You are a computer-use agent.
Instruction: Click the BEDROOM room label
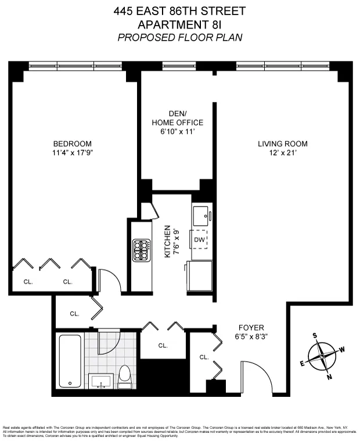[73, 144]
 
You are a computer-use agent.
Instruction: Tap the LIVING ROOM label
[283, 144]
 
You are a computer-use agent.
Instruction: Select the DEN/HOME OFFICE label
[177, 118]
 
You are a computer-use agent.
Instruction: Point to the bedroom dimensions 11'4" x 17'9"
[73, 154]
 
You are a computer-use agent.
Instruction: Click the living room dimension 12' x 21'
[283, 154]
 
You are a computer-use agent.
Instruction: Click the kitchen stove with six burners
[142, 250]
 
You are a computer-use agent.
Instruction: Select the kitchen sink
[201, 215]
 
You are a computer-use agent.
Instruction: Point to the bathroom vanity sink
[103, 381]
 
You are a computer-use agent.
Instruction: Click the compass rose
[322, 356]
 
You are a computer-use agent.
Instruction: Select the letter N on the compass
[329, 377]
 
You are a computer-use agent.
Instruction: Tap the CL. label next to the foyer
[204, 357]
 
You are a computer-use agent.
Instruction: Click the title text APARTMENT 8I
[179, 24]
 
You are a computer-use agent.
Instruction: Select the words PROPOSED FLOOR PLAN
[179, 37]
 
